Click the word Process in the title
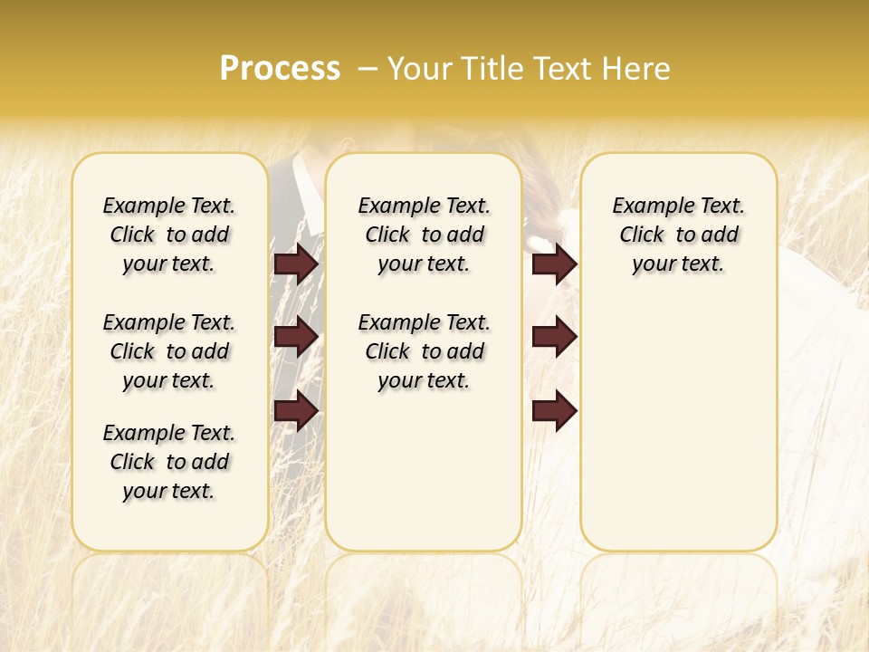[280, 68]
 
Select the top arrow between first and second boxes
[296, 264]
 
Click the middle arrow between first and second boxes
[296, 337]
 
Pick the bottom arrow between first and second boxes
[296, 411]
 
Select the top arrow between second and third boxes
[555, 264]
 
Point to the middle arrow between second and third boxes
[555, 337]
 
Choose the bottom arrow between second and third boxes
[555, 411]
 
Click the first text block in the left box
[169, 235]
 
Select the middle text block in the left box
[169, 351]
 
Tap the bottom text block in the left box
[169, 462]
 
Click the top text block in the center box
[424, 235]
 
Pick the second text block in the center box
[424, 351]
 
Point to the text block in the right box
[679, 235]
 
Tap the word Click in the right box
[642, 235]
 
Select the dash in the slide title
[368, 68]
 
